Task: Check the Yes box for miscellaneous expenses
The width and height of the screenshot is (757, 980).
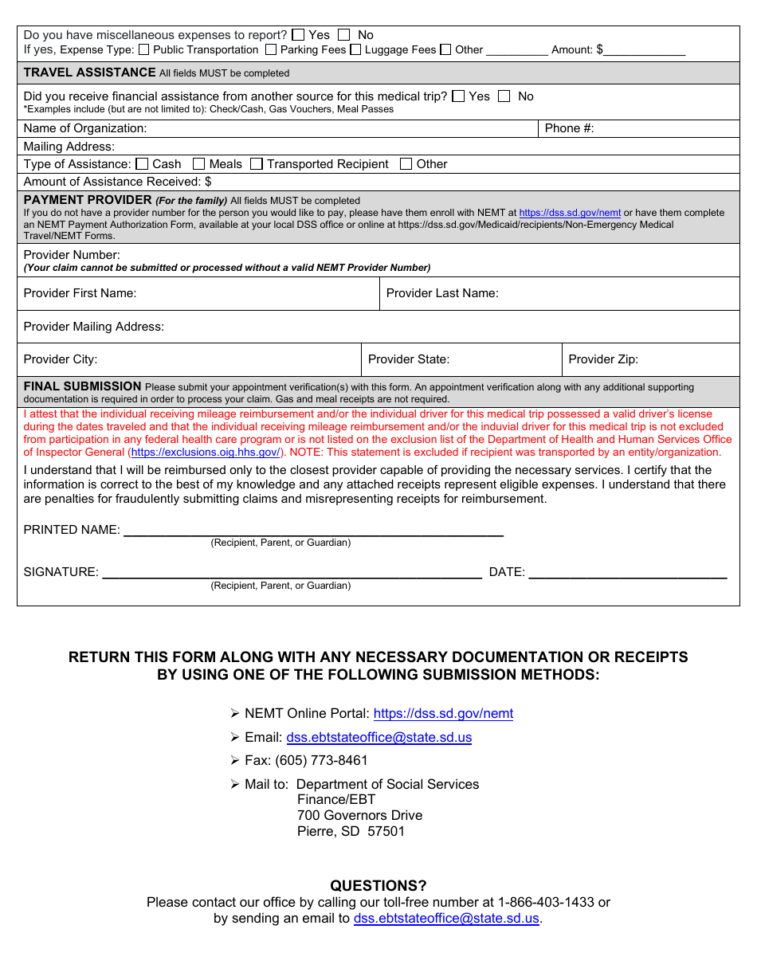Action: [298, 35]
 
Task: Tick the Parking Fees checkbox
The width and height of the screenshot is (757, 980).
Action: [271, 49]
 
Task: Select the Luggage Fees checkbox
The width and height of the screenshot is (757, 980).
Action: [356, 49]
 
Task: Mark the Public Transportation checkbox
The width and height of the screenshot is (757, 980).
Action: [143, 49]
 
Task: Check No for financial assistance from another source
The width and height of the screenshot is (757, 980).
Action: [504, 96]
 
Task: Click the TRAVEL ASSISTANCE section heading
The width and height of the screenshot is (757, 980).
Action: [90, 73]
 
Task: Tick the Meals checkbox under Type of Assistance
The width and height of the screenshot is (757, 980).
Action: [199, 164]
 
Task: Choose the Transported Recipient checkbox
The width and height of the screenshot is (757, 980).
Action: [257, 164]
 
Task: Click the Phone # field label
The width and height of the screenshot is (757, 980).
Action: [569, 128]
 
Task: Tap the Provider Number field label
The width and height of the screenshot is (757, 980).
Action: [72, 255]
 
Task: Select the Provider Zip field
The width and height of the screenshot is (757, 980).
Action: [685, 359]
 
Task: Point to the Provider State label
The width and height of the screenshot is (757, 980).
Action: [409, 359]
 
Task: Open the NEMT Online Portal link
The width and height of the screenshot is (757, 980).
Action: [443, 714]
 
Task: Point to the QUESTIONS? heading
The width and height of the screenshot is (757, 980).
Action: [378, 886]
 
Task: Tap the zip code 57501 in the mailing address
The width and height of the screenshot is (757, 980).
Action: [386, 831]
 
